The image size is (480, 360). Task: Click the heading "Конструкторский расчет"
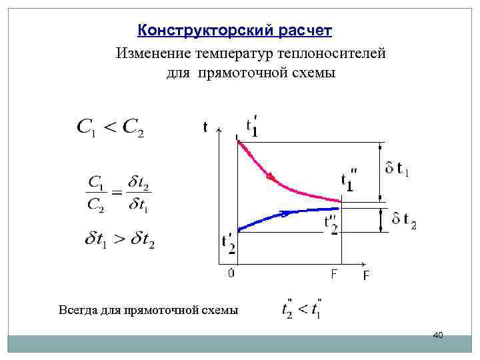234,31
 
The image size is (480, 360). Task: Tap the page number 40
438,334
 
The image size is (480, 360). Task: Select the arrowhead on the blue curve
284,214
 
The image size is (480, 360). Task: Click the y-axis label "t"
205,127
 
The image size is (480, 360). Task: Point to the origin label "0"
231,273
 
